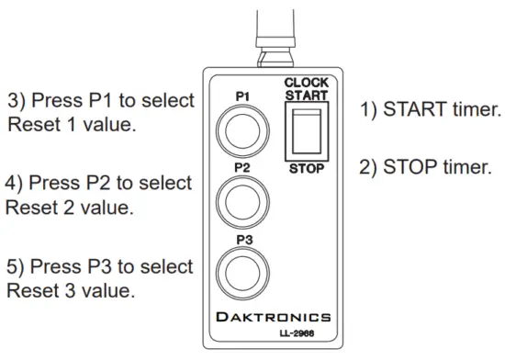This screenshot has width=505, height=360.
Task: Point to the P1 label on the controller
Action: pos(241,95)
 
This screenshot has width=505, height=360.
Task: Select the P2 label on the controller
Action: pos(241,168)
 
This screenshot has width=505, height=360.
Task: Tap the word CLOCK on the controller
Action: pos(307,83)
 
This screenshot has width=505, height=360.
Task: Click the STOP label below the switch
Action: pos(307,170)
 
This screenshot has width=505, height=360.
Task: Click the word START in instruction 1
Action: pos(418,110)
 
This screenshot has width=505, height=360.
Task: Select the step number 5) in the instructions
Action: pos(17,267)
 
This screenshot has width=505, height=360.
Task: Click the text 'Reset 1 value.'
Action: pos(73,124)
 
